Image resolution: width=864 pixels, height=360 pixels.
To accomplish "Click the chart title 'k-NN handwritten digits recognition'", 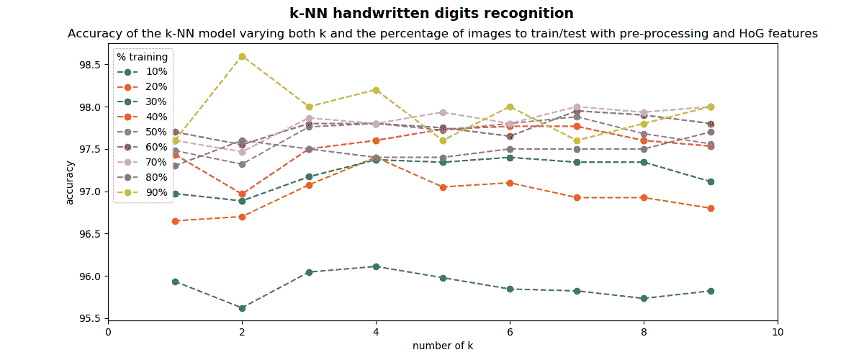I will point(431,14).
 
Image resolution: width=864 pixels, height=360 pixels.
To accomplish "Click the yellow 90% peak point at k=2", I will point(242,56).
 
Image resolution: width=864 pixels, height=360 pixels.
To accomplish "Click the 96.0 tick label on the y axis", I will point(89,276).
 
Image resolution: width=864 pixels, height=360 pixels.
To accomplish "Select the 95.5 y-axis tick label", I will point(89,319).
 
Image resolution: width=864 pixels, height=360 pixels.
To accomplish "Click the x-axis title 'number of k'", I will point(443,346).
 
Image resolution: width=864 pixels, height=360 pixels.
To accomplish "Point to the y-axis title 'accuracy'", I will point(70,182).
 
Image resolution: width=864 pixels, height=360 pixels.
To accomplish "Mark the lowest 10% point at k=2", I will point(242,308).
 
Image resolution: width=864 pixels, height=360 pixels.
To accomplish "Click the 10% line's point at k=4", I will point(376,266).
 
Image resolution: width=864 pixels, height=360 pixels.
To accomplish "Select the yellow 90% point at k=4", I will point(376,90).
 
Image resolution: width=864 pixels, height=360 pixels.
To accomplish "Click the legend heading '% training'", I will point(143,57).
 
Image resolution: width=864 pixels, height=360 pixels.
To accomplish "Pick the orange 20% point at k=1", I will point(175,221).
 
